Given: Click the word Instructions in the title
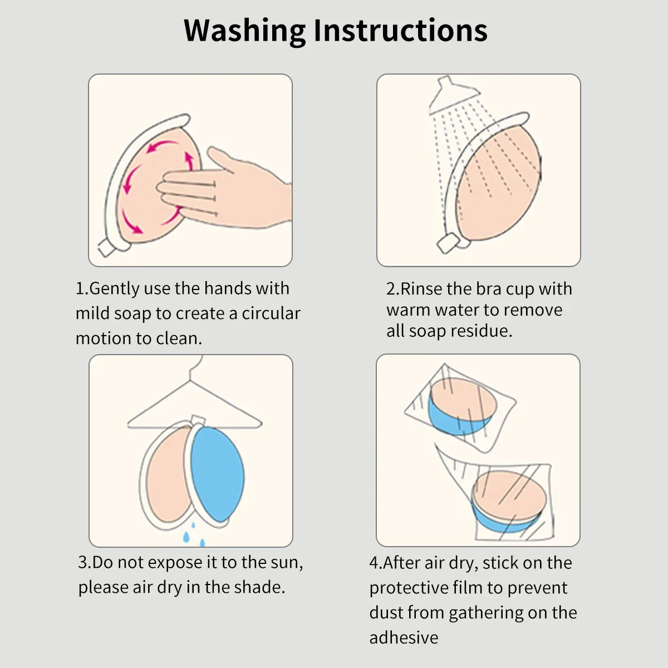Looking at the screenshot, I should pos(400,31).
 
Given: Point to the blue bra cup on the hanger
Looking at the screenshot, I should pos(217,473).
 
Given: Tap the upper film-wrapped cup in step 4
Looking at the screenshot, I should pos(461,405).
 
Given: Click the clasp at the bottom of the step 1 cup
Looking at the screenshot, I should pos(107,247).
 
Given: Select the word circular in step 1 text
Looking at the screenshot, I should pos(271,313).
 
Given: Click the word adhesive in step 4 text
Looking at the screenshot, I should pos(404,637).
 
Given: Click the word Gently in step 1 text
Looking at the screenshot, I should pos(114,288).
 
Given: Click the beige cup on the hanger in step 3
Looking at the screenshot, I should pos(164,476).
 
